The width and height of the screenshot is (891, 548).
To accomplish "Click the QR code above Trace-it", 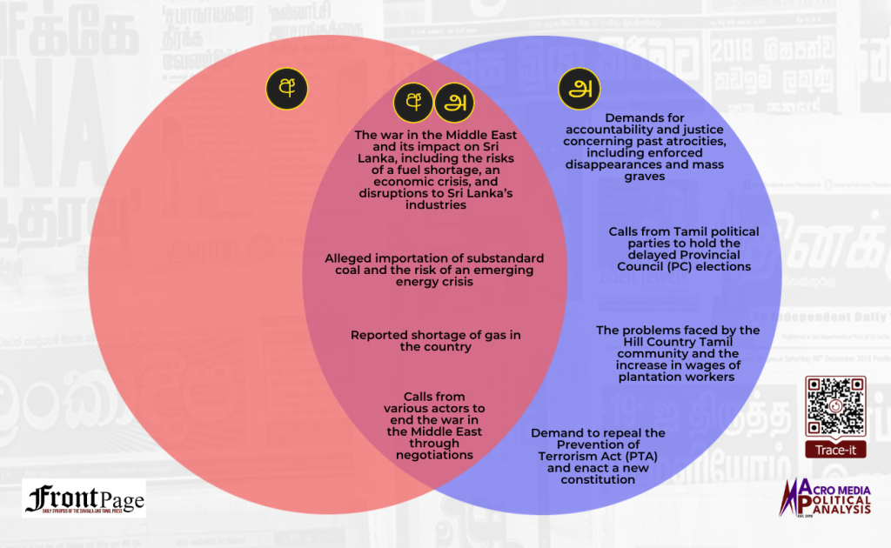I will click(834, 405).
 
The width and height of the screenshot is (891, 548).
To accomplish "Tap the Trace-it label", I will click(834, 450).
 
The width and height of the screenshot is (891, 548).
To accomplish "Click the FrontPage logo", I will click(84, 499).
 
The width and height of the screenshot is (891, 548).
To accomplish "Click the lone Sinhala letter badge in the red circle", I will click(285, 88).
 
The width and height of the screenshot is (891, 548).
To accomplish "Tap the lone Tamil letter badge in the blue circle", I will click(579, 89).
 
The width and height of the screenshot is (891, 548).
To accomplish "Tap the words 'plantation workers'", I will click(678, 378).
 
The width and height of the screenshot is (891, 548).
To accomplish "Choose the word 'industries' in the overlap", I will click(435, 205).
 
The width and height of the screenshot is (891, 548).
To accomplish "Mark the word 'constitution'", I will click(598, 479).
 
